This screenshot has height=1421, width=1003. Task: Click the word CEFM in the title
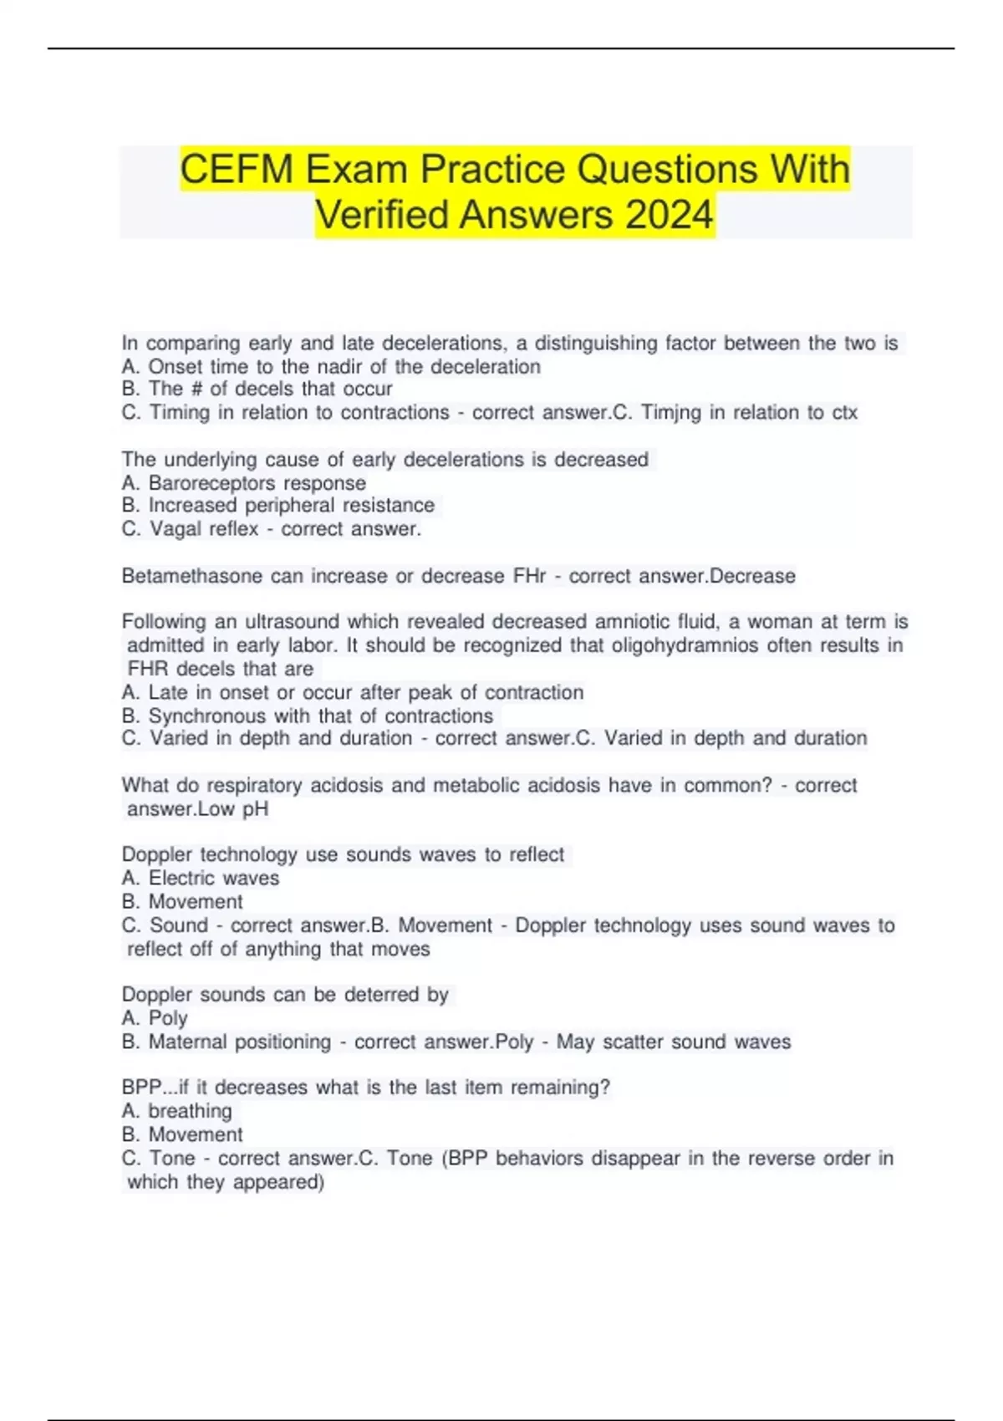coord(236,170)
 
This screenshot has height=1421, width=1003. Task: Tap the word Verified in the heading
coord(381,215)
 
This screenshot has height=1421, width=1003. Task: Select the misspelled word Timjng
coord(671,413)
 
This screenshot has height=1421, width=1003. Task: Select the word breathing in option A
coord(190,1112)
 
